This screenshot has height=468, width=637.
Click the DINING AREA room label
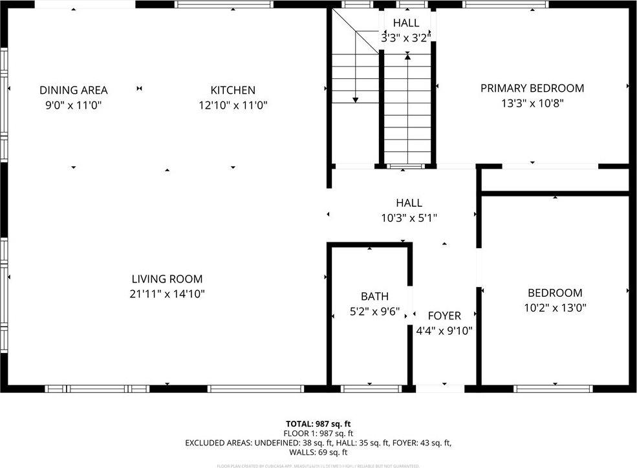[x=73, y=90]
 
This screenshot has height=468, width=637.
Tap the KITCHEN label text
[x=233, y=90]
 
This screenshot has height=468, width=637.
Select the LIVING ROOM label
[x=167, y=279]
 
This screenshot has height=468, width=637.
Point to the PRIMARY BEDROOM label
[x=532, y=88]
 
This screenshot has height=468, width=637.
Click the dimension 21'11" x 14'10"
[x=167, y=294]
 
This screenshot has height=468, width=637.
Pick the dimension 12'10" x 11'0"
[x=233, y=105]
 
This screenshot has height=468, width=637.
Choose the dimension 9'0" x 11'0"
[x=73, y=105]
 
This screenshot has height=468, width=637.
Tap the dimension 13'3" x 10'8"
[x=532, y=103]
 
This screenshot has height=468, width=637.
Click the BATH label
[x=374, y=296]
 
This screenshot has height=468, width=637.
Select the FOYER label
[x=444, y=315]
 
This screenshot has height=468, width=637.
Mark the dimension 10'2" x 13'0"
[x=554, y=308]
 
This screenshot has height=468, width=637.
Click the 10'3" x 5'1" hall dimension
[x=409, y=218]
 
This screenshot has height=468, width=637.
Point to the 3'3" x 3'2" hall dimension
[x=405, y=38]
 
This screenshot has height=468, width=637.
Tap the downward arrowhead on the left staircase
[x=355, y=100]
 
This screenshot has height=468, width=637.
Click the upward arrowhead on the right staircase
[x=407, y=58]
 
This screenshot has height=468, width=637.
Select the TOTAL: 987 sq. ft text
[x=318, y=424]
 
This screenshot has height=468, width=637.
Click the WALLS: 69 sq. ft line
[x=318, y=452]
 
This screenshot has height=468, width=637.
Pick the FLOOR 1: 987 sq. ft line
[x=318, y=434]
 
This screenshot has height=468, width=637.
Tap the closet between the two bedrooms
[x=554, y=180]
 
